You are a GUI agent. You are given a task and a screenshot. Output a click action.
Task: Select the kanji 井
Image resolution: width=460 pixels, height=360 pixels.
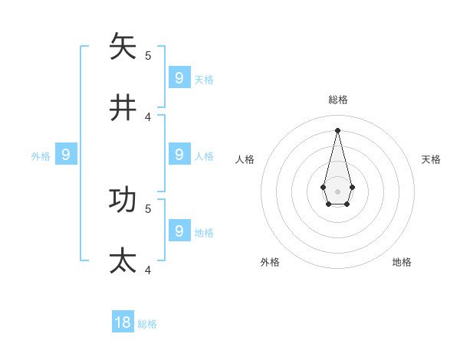123,108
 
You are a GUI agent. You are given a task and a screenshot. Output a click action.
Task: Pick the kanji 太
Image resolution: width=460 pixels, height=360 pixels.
123,260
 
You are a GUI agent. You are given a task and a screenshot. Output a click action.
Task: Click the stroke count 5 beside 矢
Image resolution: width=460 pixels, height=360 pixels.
148,55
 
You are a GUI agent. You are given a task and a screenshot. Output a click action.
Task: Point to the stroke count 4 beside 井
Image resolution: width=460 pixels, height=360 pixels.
148,116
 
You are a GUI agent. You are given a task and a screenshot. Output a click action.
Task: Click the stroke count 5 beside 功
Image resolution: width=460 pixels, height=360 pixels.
148,208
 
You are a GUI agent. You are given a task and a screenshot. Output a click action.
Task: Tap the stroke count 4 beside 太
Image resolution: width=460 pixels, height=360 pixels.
148,270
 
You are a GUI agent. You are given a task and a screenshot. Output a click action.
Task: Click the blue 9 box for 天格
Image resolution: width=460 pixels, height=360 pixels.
179,77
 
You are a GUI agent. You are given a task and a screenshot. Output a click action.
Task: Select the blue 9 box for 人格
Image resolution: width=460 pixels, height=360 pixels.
179,154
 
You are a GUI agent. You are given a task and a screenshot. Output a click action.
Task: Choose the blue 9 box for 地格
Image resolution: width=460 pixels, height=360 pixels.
179,230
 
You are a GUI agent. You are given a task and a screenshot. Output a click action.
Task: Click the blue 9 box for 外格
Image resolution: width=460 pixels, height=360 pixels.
66,155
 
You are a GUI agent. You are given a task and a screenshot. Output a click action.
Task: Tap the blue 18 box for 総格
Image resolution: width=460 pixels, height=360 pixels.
123,322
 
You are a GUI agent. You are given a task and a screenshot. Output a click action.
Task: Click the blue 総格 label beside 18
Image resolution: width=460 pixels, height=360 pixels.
147,324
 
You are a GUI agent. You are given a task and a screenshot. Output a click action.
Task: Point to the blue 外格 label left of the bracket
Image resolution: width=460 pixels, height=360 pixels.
41,156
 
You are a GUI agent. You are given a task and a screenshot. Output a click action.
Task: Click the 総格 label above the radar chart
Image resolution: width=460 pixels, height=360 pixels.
338,100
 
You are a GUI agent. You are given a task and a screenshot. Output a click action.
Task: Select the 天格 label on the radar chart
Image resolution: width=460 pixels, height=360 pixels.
431,159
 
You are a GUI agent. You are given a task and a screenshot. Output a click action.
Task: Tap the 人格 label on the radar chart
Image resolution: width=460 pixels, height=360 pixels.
245,159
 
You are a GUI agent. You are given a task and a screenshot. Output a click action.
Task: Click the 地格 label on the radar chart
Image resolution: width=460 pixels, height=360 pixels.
402,262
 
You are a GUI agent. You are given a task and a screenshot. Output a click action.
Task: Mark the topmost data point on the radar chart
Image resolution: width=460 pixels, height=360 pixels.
337,129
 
